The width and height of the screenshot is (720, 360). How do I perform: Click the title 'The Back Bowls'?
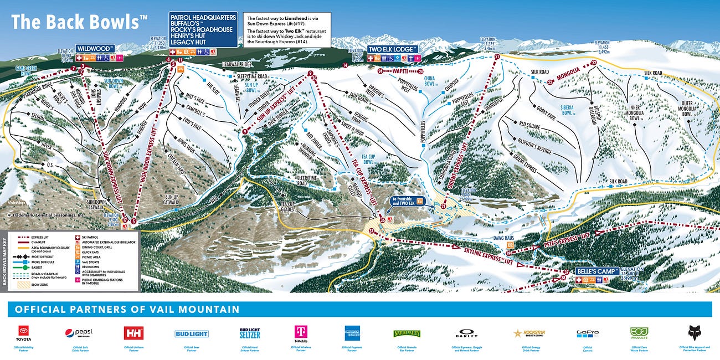pyautogui.click(x=79, y=22)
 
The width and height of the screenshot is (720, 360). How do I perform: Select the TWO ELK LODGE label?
pyautogui.click(x=392, y=49)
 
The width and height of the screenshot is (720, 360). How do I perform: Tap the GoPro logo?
pyautogui.click(x=588, y=333)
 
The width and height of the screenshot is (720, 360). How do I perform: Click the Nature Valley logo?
pyautogui.click(x=407, y=333)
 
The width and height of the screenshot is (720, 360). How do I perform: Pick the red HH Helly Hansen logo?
pyautogui.click(x=133, y=333)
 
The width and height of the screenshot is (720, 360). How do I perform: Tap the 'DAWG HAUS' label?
pyautogui.click(x=505, y=238)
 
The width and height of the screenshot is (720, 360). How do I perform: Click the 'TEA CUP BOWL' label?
pyautogui.click(x=368, y=158)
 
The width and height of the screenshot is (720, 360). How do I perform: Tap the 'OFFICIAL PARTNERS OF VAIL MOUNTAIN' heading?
pyautogui.click(x=127, y=310)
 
